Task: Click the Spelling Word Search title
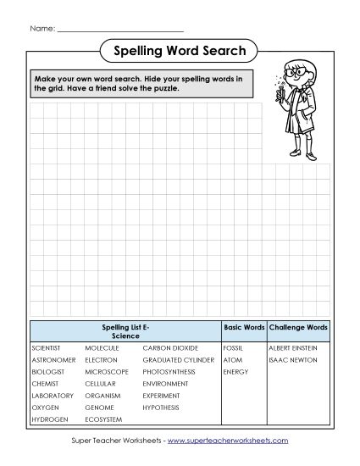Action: [180, 51]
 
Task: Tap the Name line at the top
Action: [119, 30]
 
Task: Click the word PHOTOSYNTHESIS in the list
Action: [169, 371]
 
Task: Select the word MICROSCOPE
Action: [106, 371]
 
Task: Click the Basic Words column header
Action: [244, 326]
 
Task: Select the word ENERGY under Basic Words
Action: [235, 371]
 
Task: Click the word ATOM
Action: [231, 359]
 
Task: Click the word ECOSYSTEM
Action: [103, 419]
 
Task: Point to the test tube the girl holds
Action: [277, 88]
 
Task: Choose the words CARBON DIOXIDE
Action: [170, 347]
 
